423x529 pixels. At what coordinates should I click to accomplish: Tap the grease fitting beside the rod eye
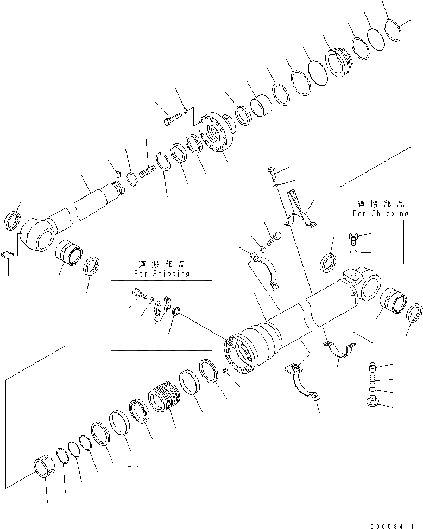(7, 255)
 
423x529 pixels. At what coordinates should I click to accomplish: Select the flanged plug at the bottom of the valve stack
(373, 402)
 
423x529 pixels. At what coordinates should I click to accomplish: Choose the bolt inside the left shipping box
(138, 295)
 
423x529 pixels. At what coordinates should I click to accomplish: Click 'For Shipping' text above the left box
(162, 274)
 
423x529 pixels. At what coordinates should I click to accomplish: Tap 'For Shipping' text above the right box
(380, 213)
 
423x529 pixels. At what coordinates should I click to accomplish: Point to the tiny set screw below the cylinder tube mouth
(225, 371)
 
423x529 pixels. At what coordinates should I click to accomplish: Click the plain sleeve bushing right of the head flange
(261, 105)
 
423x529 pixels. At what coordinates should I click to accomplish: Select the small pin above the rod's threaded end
(118, 174)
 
